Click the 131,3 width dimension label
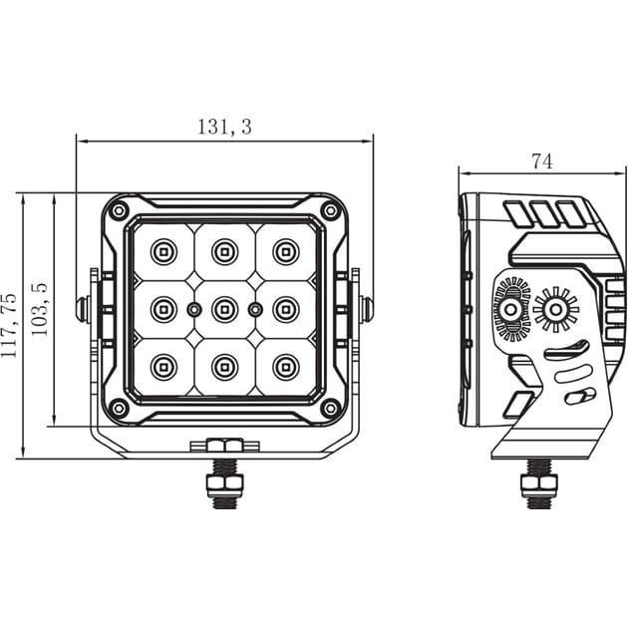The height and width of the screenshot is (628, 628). (224, 127)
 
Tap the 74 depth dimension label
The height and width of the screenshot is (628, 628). (541, 160)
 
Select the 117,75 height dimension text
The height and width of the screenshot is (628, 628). (10, 326)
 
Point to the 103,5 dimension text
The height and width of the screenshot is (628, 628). (41, 309)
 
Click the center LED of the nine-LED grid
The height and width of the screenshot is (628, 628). (224, 310)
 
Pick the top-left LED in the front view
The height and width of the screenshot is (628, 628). (162, 249)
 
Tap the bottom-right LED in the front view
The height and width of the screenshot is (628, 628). (286, 368)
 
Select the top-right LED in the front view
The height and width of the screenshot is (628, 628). (286, 249)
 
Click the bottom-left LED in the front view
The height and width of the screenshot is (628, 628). (162, 368)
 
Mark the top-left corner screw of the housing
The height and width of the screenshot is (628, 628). (119, 210)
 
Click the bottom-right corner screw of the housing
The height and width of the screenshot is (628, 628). (330, 408)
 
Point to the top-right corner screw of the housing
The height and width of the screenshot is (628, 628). (330, 210)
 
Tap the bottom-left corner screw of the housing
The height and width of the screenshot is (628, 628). (119, 408)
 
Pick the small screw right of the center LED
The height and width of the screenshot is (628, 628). (255, 310)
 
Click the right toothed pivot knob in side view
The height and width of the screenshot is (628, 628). (555, 310)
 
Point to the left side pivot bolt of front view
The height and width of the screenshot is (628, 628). (84, 309)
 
